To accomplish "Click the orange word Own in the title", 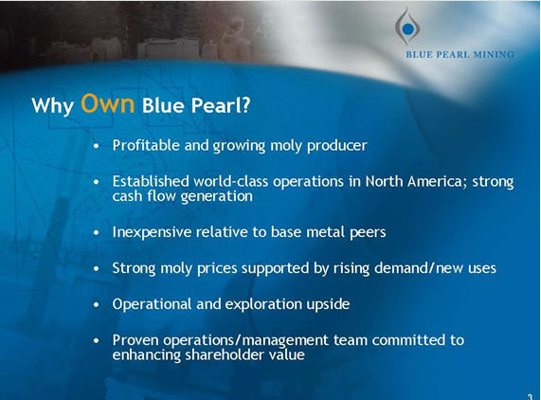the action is (107, 103).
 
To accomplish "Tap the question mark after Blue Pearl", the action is (245, 105).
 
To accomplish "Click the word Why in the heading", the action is (52, 105).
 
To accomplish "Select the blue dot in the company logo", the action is (407, 29).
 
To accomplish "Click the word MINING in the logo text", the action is (494, 55).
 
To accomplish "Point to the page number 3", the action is (530, 396).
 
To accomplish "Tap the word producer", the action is (336, 146).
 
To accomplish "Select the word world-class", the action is (231, 181).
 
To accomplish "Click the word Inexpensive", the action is (152, 232).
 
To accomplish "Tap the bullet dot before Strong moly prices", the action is (97, 268).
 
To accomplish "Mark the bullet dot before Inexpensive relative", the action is (97, 232).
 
